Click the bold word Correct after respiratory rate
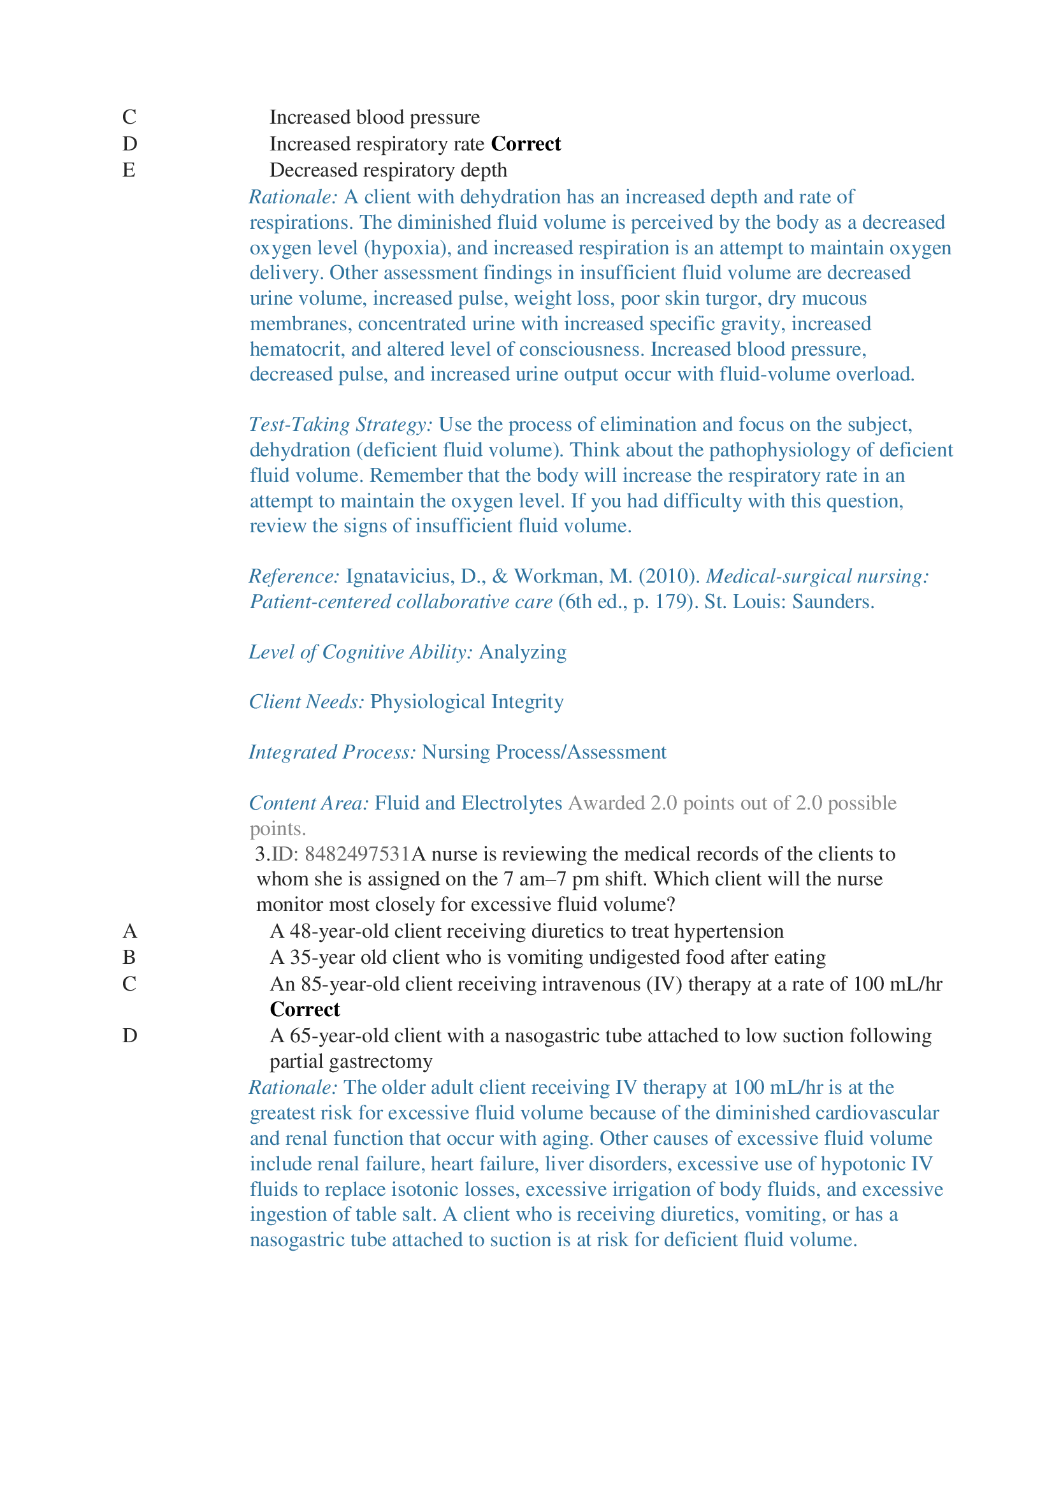[x=526, y=143]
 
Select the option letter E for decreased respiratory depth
[x=129, y=170]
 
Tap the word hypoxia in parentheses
[x=403, y=247]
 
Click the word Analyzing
[x=523, y=651]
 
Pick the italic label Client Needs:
[x=307, y=701]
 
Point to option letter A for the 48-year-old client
[x=130, y=931]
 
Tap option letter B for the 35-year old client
[x=129, y=957]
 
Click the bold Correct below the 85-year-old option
[x=305, y=1009]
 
